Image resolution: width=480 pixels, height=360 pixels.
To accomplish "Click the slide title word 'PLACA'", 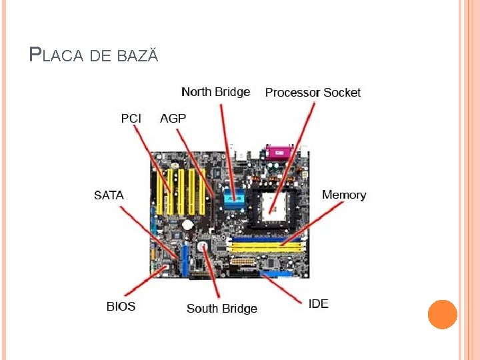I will (x=57, y=55).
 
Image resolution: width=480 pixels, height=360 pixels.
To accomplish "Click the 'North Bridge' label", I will (x=215, y=92).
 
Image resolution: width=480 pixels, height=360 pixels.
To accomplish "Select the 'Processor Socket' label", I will (x=313, y=93).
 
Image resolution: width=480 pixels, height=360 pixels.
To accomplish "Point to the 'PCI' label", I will (x=131, y=118).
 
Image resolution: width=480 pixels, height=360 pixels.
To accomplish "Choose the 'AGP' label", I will (x=173, y=118).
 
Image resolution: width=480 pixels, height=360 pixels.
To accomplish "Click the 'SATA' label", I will (x=109, y=195).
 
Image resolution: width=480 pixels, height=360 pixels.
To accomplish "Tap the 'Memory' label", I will (x=344, y=195).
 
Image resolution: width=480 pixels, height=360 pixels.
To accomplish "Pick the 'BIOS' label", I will (x=121, y=307).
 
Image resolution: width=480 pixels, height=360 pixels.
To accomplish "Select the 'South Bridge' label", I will (x=221, y=308).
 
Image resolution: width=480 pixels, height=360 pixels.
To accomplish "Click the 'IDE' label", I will (x=318, y=304).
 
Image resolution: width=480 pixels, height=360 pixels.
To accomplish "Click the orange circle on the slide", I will (x=442, y=314).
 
